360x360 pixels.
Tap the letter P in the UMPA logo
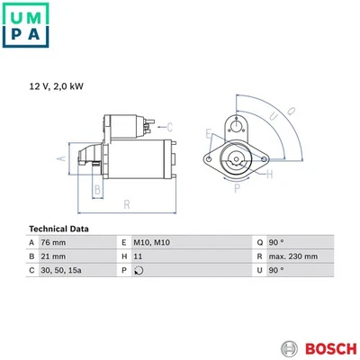(12, 36)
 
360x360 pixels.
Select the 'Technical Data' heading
(58, 228)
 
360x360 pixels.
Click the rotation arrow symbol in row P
(138, 270)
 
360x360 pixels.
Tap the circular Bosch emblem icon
(288, 347)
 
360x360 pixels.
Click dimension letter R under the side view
(128, 205)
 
